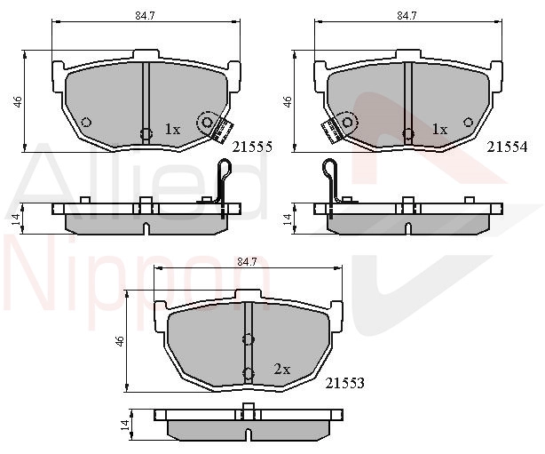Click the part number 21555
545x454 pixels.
tap(252, 147)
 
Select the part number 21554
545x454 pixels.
tap(507, 147)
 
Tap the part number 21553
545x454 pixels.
tap(344, 383)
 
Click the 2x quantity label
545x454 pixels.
tap(282, 369)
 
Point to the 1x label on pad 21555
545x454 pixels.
tap(172, 130)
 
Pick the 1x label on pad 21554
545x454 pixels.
tap(439, 130)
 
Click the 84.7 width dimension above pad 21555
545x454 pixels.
tap(145, 16)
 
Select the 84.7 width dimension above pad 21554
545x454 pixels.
tap(407, 16)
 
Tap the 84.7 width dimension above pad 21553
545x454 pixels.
tap(247, 262)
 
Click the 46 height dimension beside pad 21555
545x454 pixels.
tap(17, 101)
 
